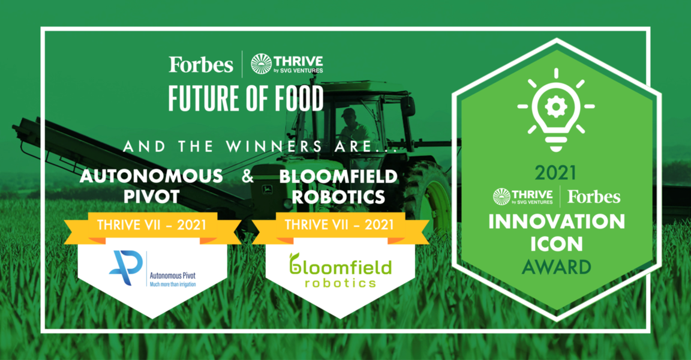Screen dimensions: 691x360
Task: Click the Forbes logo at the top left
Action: click(x=200, y=64)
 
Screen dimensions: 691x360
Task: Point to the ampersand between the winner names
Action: click(x=248, y=176)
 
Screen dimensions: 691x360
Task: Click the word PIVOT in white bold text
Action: click(x=151, y=197)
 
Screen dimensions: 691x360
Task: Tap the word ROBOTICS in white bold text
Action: click(x=338, y=197)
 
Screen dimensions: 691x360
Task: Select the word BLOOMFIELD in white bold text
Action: click(x=338, y=176)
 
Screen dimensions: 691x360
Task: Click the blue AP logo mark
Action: click(x=125, y=268)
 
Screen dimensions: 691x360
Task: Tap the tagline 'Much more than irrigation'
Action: click(x=173, y=284)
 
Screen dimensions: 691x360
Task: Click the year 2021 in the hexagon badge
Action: click(x=555, y=173)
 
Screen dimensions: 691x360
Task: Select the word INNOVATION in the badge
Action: click(x=557, y=221)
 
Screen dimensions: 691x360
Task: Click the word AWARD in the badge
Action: click(x=556, y=267)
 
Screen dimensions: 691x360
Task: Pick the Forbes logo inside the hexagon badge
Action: click(x=594, y=197)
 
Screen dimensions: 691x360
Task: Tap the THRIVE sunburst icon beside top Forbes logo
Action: click(x=262, y=64)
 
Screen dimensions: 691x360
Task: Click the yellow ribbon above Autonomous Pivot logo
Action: click(x=152, y=227)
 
